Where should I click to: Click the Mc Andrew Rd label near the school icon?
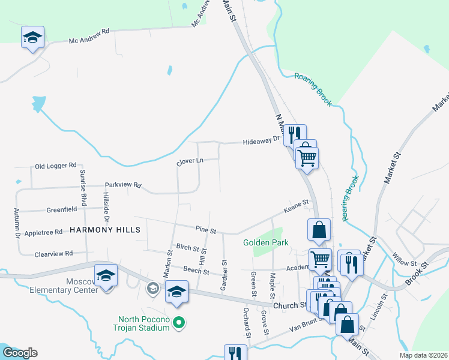point(89,40)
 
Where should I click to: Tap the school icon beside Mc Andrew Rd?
point(32,37)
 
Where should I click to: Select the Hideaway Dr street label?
point(262,142)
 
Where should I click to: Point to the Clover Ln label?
point(190,161)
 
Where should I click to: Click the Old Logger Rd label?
point(56,165)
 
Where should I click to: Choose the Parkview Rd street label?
point(122,185)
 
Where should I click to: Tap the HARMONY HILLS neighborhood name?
point(105,230)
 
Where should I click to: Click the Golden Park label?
point(266,242)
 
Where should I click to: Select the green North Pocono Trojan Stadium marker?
point(178,324)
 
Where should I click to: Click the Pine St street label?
point(205,229)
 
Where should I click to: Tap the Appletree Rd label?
point(43,232)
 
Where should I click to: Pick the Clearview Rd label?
point(53,253)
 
